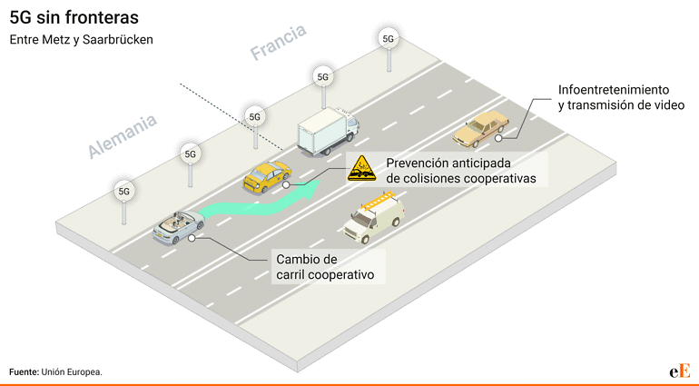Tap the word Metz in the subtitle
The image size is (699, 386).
tap(54, 40)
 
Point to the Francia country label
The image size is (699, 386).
tap(278, 42)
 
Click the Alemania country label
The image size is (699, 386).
tap(123, 136)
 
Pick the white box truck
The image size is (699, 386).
tap(328, 131)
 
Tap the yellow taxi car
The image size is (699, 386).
tap(267, 177)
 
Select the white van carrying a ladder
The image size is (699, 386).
tap(374, 218)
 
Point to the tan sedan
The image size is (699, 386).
tap(481, 129)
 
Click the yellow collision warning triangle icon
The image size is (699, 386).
tap(361, 169)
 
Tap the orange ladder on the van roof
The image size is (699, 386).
tap(379, 201)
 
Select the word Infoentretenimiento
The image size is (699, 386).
tap(614, 90)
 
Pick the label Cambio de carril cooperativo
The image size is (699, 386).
tap(325, 267)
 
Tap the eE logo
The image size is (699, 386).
tap(679, 371)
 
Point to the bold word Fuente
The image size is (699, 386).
tap(25, 371)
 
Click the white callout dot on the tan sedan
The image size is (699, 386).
tap(499, 138)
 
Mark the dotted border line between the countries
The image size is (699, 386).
tap(231, 116)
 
